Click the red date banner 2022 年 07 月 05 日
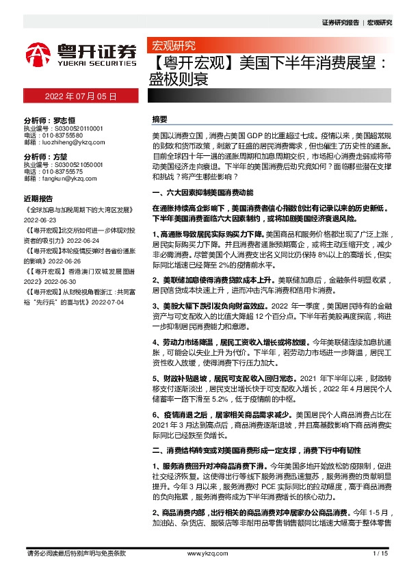[x=81, y=97]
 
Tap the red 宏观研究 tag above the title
[x=173, y=46]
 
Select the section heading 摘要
[x=159, y=119]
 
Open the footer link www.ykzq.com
[x=203, y=553]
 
